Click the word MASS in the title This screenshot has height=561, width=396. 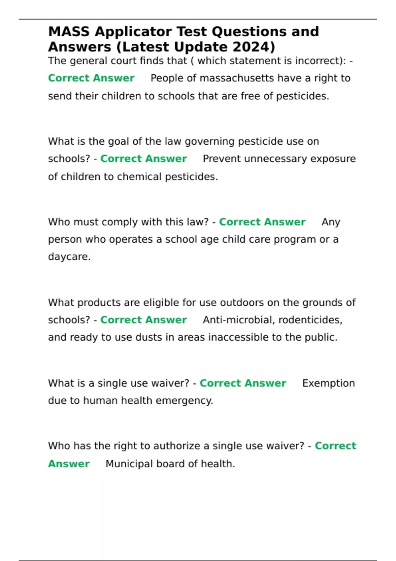[x=69, y=32]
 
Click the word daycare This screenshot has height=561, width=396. [x=69, y=257]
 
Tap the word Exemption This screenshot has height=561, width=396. [x=328, y=383]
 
